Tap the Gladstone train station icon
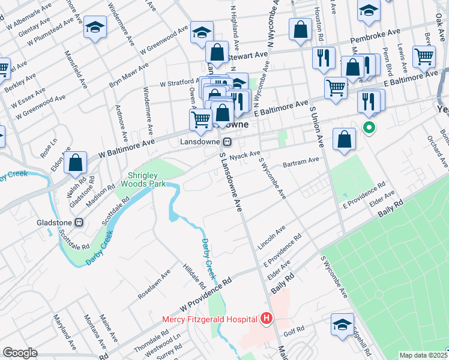coord(79,221)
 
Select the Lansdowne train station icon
coord(227,142)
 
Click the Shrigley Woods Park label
coord(143,179)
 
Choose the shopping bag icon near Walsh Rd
coord(76,163)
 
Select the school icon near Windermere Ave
coord(94,28)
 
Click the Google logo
coord(20,353)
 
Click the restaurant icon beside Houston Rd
coord(323,58)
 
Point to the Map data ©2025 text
coord(423,355)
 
